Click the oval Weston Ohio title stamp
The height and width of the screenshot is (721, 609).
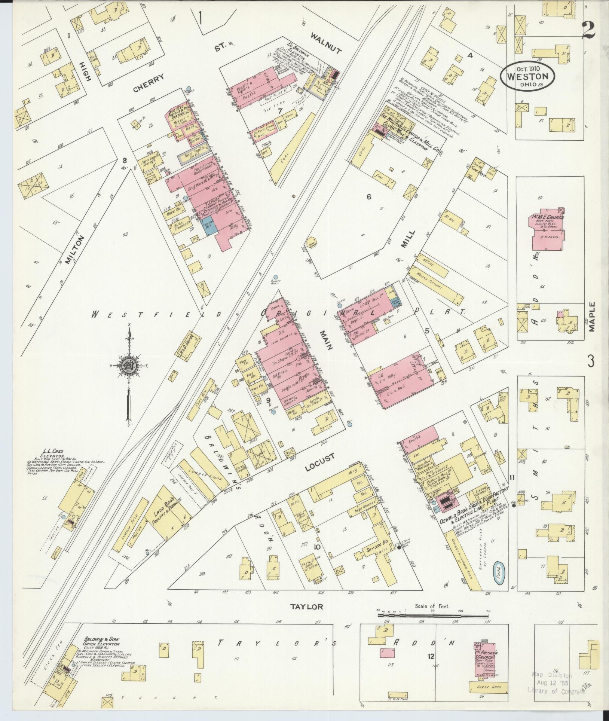[527, 76]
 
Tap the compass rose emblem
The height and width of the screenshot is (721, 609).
[129, 364]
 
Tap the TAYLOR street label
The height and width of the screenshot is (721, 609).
[306, 607]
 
